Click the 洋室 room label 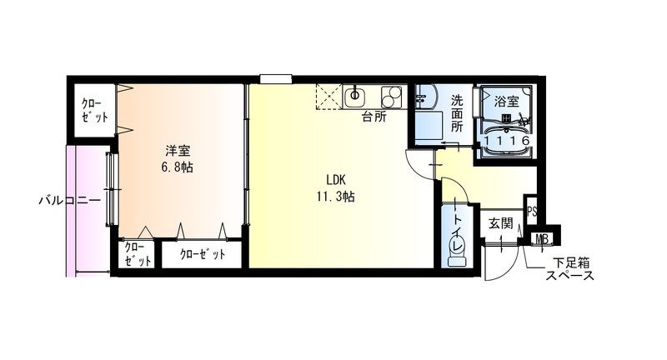point(178,151)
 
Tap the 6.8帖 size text point(177,167)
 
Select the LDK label point(336,180)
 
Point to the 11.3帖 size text point(336,197)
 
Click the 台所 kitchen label point(374,117)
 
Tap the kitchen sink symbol point(354,97)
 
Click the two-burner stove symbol point(391,97)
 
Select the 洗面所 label point(457,113)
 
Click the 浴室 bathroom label point(507,101)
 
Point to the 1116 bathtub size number point(507,141)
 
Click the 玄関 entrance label point(501,223)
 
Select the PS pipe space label point(532,211)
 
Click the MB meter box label point(542,239)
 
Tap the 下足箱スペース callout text point(570,269)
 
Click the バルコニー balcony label point(70,200)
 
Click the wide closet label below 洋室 point(202,254)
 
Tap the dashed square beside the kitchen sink point(328,97)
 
